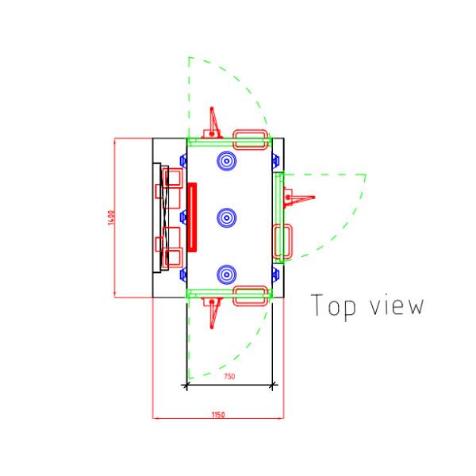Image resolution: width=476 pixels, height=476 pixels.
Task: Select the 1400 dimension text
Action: click(112, 217)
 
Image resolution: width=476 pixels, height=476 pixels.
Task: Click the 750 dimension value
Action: click(228, 377)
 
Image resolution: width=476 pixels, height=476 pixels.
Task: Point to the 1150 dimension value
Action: click(217, 414)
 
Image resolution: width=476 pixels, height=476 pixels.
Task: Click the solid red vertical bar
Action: click(191, 217)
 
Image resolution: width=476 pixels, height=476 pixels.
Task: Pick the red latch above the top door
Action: click(213, 123)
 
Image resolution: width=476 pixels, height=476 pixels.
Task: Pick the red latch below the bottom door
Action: click(213, 312)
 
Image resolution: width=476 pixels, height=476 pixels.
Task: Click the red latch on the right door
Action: click(298, 196)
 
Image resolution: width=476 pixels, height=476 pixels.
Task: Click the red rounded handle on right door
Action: click(283, 241)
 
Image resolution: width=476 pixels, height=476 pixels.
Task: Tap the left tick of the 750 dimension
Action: click(186, 386)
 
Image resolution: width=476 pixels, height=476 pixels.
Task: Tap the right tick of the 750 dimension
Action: click(274, 386)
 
